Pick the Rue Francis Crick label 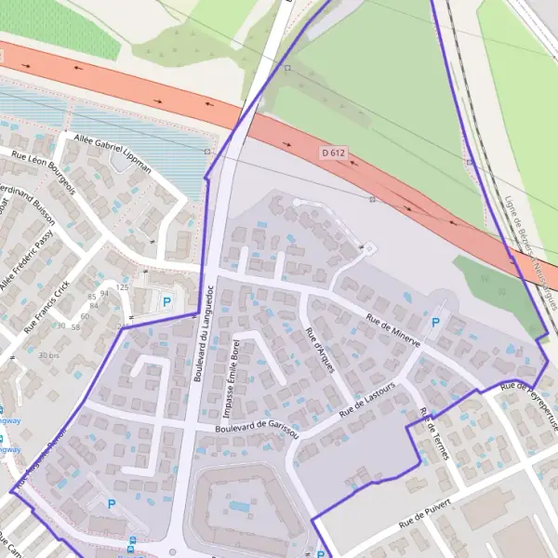tap(47, 307)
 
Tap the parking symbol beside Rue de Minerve tap(435, 323)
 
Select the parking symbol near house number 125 tap(167, 301)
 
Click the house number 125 tap(121, 288)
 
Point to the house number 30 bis tap(48, 355)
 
